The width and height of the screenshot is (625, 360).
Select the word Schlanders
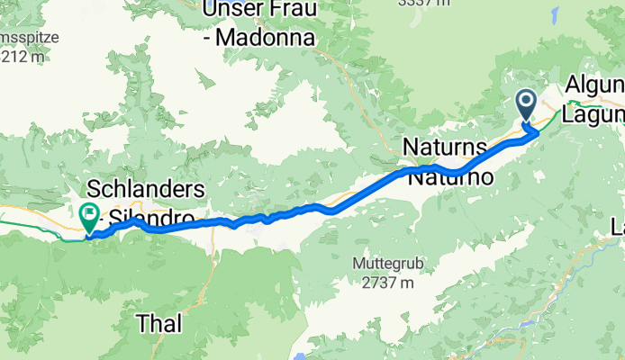coord(148,189)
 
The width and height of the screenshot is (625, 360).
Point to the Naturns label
coord(445,146)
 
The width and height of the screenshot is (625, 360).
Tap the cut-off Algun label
coord(595,85)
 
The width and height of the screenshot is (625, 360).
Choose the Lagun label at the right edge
coord(593,114)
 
